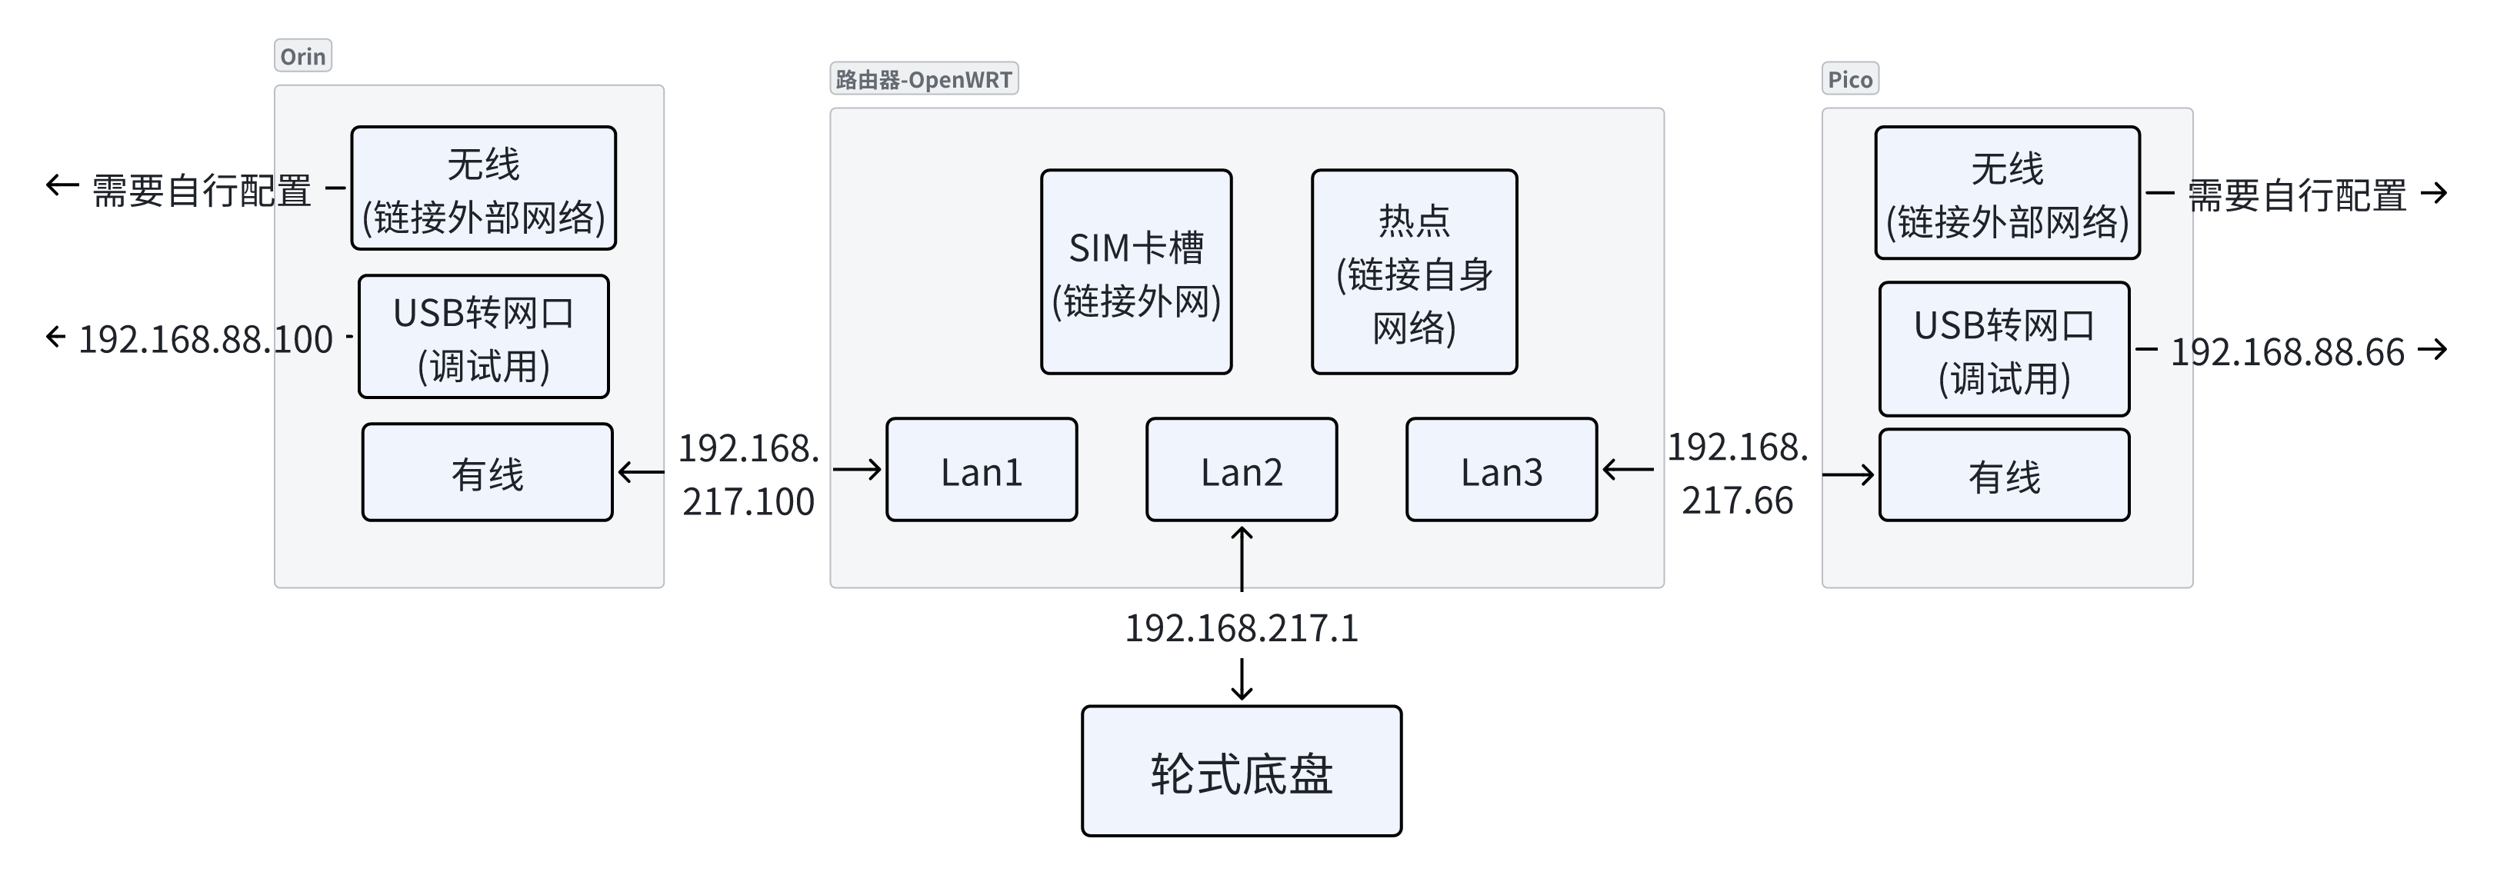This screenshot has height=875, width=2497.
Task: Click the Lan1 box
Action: (x=981, y=470)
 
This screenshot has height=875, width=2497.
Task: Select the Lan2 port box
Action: (x=1241, y=470)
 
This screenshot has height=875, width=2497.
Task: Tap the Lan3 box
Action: (x=1501, y=470)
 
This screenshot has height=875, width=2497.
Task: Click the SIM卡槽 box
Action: (x=1136, y=272)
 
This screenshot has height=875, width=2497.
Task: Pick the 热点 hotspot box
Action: (x=1413, y=272)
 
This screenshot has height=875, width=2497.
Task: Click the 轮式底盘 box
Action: (x=1241, y=771)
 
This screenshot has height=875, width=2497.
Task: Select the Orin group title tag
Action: (x=302, y=56)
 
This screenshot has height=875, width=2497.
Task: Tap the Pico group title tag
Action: (x=1849, y=79)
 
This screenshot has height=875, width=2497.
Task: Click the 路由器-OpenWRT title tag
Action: (x=923, y=79)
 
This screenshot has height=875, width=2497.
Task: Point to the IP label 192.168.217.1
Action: (x=1241, y=629)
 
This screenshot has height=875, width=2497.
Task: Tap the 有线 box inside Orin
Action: (x=487, y=473)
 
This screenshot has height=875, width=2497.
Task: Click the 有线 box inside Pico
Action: (x=2004, y=476)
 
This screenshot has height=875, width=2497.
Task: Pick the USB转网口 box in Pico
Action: (x=2004, y=350)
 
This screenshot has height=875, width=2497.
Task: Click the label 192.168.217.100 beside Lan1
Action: (x=748, y=475)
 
